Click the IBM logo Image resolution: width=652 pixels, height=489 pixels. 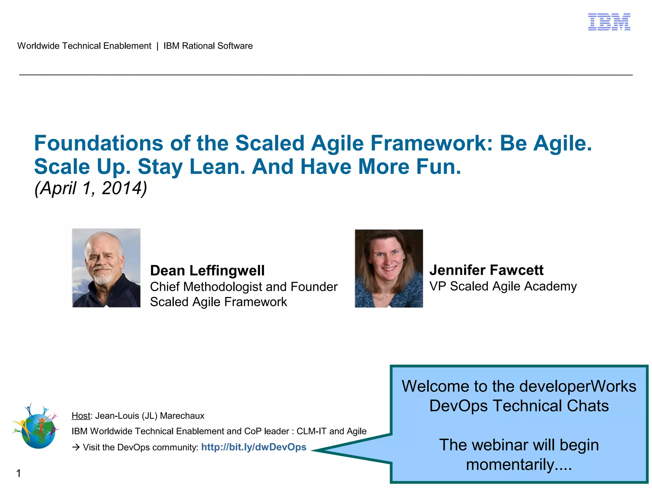(x=609, y=22)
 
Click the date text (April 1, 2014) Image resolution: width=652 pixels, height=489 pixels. (x=91, y=188)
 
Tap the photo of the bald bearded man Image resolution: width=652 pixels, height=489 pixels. (x=106, y=268)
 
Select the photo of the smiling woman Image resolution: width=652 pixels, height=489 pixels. (x=389, y=268)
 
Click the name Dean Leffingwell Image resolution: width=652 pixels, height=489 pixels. (x=207, y=271)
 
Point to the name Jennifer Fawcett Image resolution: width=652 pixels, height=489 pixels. (x=486, y=270)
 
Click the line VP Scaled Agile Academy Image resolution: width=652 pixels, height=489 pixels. (x=503, y=286)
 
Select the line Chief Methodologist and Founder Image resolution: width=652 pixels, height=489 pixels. (x=244, y=287)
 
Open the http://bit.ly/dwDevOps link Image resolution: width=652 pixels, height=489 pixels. (x=254, y=447)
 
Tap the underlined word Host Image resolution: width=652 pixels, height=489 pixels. (x=81, y=416)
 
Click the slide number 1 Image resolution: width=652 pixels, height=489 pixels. (x=18, y=473)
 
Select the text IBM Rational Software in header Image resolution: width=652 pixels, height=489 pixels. (x=208, y=46)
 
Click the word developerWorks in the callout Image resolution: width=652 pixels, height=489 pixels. (x=578, y=386)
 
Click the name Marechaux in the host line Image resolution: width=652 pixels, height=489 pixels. (x=182, y=416)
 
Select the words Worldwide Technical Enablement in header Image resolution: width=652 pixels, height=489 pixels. (x=84, y=46)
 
